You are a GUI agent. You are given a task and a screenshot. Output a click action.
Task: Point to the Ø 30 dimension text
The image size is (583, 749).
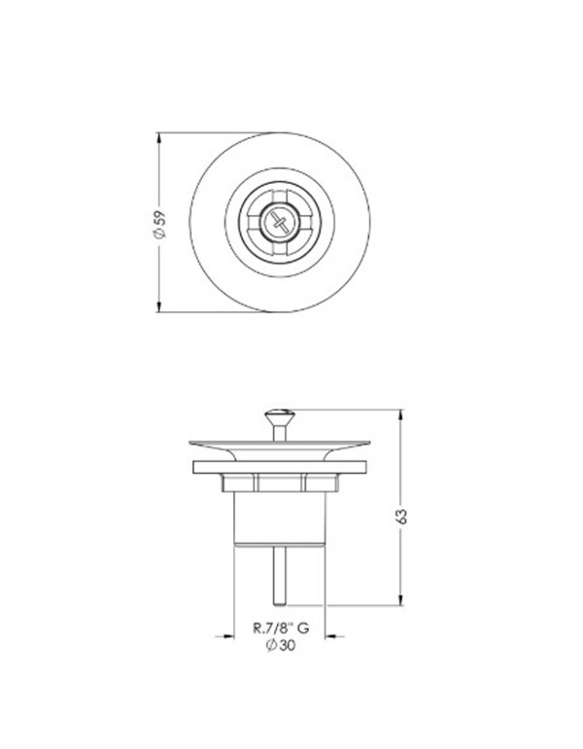coord(280,648)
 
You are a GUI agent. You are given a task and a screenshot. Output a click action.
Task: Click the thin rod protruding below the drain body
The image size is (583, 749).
coord(279,574)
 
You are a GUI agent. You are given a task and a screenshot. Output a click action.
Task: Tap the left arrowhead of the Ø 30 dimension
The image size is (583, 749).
coord(233,638)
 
